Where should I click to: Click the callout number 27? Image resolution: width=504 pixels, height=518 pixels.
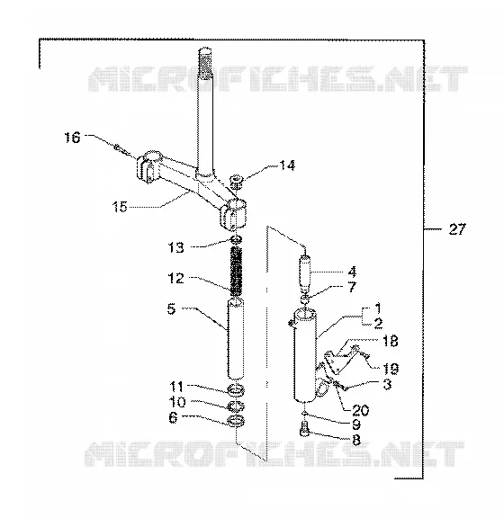pyautogui.click(x=457, y=229)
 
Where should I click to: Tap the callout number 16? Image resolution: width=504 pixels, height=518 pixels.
pyautogui.click(x=72, y=137)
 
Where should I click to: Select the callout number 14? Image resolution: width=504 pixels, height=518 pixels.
pyautogui.click(x=287, y=165)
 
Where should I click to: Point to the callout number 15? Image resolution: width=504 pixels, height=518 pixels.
pyautogui.click(x=120, y=207)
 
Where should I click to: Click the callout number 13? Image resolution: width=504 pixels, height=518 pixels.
pyautogui.click(x=175, y=247)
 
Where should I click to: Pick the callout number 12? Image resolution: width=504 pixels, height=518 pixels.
pyautogui.click(x=175, y=278)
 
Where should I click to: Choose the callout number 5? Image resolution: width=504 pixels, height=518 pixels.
pyautogui.click(x=171, y=309)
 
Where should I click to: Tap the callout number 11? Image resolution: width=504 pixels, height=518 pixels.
pyautogui.click(x=176, y=386)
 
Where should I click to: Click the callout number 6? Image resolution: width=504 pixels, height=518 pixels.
pyautogui.click(x=173, y=417)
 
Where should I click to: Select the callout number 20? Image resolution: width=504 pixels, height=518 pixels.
pyautogui.click(x=360, y=410)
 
